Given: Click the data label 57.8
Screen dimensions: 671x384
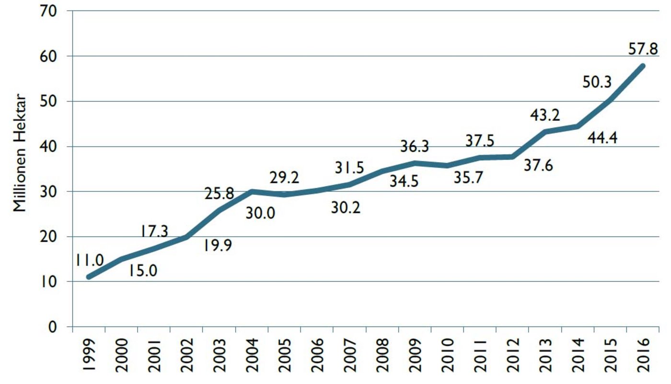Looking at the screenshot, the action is pyautogui.click(x=643, y=49).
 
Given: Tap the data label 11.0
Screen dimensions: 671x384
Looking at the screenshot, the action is pyautogui.click(x=89, y=260).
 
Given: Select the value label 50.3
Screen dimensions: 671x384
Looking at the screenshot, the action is pyautogui.click(x=597, y=82).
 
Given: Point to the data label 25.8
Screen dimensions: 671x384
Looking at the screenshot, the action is pyautogui.click(x=220, y=193).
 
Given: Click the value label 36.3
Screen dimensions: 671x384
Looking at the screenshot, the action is pyautogui.click(x=415, y=147).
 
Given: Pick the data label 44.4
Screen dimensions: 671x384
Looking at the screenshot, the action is pyautogui.click(x=602, y=138).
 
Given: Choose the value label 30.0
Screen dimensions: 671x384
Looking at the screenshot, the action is pyautogui.click(x=260, y=214).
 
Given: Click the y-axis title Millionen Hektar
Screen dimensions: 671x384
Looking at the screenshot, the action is pyautogui.click(x=20, y=153).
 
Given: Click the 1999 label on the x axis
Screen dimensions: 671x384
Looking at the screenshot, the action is pyautogui.click(x=89, y=355).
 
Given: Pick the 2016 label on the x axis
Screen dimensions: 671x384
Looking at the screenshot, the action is pyautogui.click(x=643, y=355).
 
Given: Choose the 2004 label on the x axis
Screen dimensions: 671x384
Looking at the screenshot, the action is pyautogui.click(x=252, y=355).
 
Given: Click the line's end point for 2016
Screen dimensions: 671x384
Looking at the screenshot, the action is pyautogui.click(x=643, y=66).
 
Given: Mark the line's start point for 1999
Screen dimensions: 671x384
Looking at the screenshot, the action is pyautogui.click(x=89, y=277).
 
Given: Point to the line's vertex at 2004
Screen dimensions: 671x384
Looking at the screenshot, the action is pyautogui.click(x=252, y=192).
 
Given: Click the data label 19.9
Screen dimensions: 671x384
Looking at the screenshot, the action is pyautogui.click(x=218, y=246).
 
